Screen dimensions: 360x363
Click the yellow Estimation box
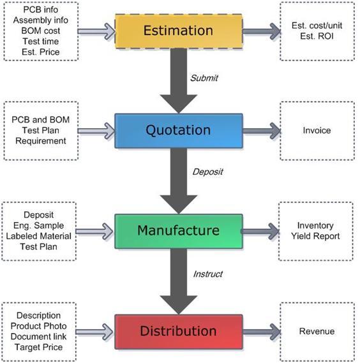pyautogui.click(x=179, y=31)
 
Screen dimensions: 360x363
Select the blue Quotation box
pyautogui.click(x=179, y=131)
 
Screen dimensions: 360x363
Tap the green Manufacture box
pyautogui.click(x=179, y=232)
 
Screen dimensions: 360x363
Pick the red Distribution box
pyautogui.click(x=179, y=332)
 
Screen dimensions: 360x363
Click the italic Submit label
pyautogui.click(x=204, y=78)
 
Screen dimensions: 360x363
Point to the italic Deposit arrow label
pyautogui.click(x=208, y=172)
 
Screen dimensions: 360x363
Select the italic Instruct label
pyautogui.click(x=208, y=274)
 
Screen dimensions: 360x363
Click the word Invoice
pyautogui.click(x=317, y=130)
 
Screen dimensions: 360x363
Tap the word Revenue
pyautogui.click(x=317, y=331)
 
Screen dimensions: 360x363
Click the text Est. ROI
pyautogui.click(x=317, y=36)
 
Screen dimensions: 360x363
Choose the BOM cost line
pyautogui.click(x=41, y=31)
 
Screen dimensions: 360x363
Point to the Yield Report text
pyautogui.click(x=315, y=236)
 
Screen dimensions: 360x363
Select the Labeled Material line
pyautogui.click(x=38, y=236)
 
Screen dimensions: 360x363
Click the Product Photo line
pyautogui.click(x=38, y=326)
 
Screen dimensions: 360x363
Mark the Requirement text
pyautogui.click(x=41, y=141)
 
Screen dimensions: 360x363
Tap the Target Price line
pyautogui.click(x=38, y=347)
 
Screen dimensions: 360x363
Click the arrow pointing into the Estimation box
pyautogui.click(x=96, y=31)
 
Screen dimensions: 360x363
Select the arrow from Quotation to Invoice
pyautogui.click(x=262, y=131)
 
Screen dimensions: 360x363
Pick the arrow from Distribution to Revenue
pyautogui.click(x=262, y=332)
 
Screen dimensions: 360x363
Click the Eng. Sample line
pyautogui.click(x=38, y=225)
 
